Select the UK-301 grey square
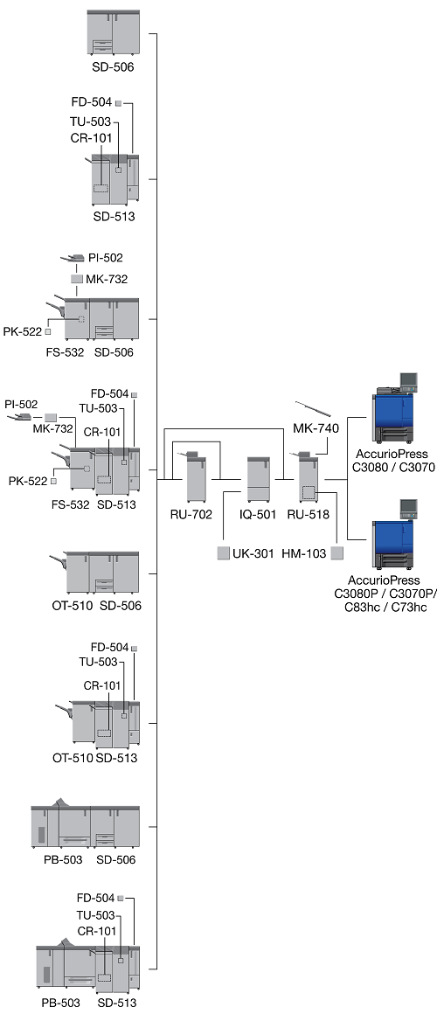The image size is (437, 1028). [x=223, y=552]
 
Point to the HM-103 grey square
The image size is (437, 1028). [x=337, y=553]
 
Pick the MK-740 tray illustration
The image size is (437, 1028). [x=310, y=410]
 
